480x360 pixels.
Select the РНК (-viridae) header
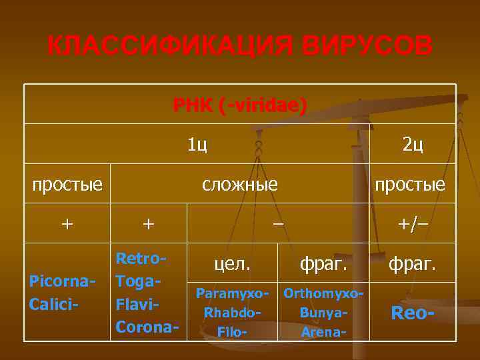click(240, 105)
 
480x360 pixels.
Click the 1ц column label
click(197, 144)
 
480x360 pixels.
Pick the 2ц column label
click(413, 144)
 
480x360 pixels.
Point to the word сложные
click(240, 183)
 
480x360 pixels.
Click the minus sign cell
click(277, 223)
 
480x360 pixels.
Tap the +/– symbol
click(413, 223)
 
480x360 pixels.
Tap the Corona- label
click(147, 327)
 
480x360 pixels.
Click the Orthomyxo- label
click(323, 293)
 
